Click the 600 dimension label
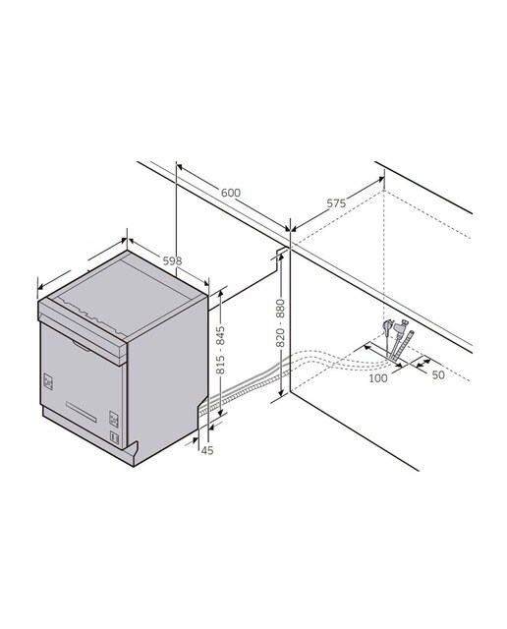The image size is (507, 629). click(x=231, y=193)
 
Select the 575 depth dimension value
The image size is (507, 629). click(x=336, y=203)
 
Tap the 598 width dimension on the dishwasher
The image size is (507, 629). click(x=172, y=260)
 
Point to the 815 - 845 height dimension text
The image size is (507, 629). click(x=220, y=350)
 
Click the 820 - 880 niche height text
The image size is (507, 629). click(x=280, y=323)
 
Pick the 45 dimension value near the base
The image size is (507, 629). click(x=207, y=450)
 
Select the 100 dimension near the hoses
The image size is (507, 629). click(x=378, y=377)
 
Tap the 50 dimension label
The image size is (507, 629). click(x=438, y=375)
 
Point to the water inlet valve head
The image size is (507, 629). click(x=401, y=325)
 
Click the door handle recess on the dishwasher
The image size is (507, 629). click(x=82, y=346)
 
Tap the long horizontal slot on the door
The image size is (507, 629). click(x=81, y=412)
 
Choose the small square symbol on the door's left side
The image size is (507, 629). click(x=48, y=382)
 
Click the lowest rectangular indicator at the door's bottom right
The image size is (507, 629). click(x=114, y=436)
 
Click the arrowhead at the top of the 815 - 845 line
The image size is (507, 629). click(x=220, y=294)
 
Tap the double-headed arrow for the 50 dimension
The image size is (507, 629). click(x=423, y=363)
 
